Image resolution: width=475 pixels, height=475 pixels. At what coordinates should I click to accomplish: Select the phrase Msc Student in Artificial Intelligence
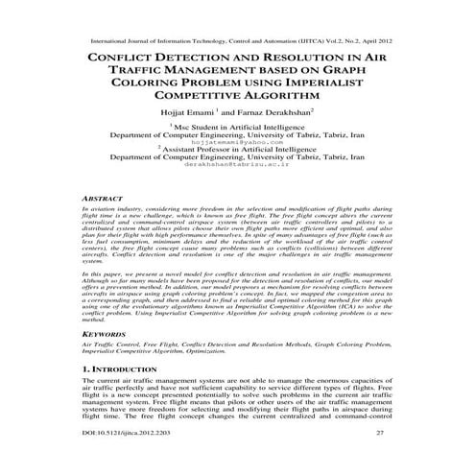point(242,126)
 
